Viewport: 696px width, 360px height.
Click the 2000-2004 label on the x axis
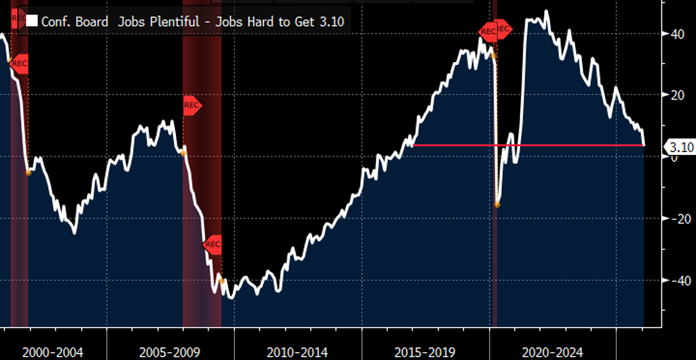(x=53, y=353)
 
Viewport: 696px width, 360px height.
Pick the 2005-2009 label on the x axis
(x=170, y=353)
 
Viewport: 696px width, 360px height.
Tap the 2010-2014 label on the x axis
(x=297, y=353)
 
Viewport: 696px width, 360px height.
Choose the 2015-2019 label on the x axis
(x=425, y=353)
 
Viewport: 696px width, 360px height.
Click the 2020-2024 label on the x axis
(x=552, y=353)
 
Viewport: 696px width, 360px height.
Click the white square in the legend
(x=32, y=21)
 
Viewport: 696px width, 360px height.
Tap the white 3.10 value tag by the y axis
(x=681, y=147)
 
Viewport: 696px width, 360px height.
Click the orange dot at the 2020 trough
(x=498, y=205)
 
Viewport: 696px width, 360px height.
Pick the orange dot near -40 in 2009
(x=222, y=281)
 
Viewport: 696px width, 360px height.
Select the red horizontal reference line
(x=529, y=145)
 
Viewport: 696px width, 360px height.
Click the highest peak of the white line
(x=546, y=11)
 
